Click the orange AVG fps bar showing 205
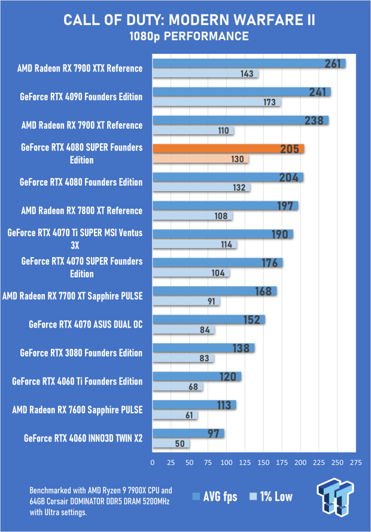(228, 149)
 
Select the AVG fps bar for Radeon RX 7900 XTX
(249, 64)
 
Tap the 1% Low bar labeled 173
(217, 102)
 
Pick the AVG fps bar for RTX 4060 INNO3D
(188, 433)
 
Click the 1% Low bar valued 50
(171, 444)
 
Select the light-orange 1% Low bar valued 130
(200, 159)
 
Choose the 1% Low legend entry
(272, 496)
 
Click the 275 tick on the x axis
(355, 463)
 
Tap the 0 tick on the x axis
(153, 463)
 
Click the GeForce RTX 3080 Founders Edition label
(81, 353)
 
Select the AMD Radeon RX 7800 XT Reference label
(81, 210)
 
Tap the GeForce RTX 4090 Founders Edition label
(81, 97)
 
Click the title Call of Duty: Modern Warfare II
(185, 21)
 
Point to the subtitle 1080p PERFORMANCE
(185, 37)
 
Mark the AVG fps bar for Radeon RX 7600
(194, 404)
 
